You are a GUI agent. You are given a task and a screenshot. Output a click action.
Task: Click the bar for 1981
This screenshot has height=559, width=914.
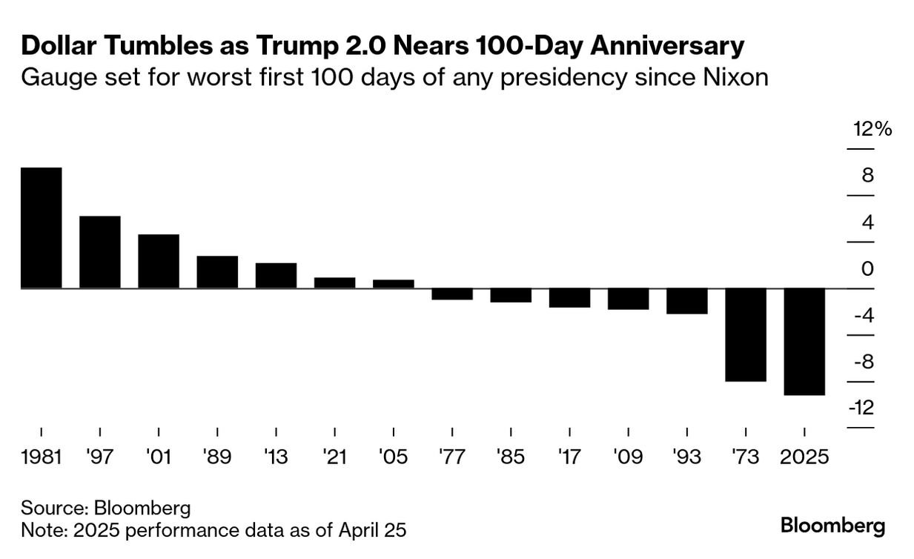[41, 228]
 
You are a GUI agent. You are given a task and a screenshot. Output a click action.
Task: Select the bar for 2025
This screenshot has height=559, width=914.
[804, 341]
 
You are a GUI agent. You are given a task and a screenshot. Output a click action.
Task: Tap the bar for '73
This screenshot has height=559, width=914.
[746, 334]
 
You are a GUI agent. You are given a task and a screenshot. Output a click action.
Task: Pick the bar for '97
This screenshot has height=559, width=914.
[99, 252]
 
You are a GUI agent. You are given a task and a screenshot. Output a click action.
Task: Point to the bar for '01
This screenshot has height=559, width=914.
[159, 261]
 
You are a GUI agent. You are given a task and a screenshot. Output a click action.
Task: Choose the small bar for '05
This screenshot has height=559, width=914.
[393, 284]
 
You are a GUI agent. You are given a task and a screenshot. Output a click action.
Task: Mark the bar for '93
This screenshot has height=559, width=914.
[686, 301]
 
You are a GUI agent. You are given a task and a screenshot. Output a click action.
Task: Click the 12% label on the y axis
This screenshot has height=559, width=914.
[872, 129]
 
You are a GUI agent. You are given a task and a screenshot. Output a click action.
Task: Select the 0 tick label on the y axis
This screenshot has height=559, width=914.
[867, 269]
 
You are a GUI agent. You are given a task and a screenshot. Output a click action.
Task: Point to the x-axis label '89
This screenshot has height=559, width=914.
[217, 457]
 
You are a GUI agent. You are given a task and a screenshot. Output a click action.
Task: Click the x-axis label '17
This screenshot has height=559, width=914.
[569, 457]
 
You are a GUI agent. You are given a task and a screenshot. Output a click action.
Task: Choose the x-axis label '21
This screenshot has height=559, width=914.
[334, 457]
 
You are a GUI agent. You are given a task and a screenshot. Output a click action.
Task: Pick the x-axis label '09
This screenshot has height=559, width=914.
[628, 457]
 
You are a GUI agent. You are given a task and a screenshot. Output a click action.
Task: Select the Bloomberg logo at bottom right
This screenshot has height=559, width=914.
[832, 526]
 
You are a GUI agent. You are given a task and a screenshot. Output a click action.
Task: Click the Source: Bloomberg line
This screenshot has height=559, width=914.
[106, 509]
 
